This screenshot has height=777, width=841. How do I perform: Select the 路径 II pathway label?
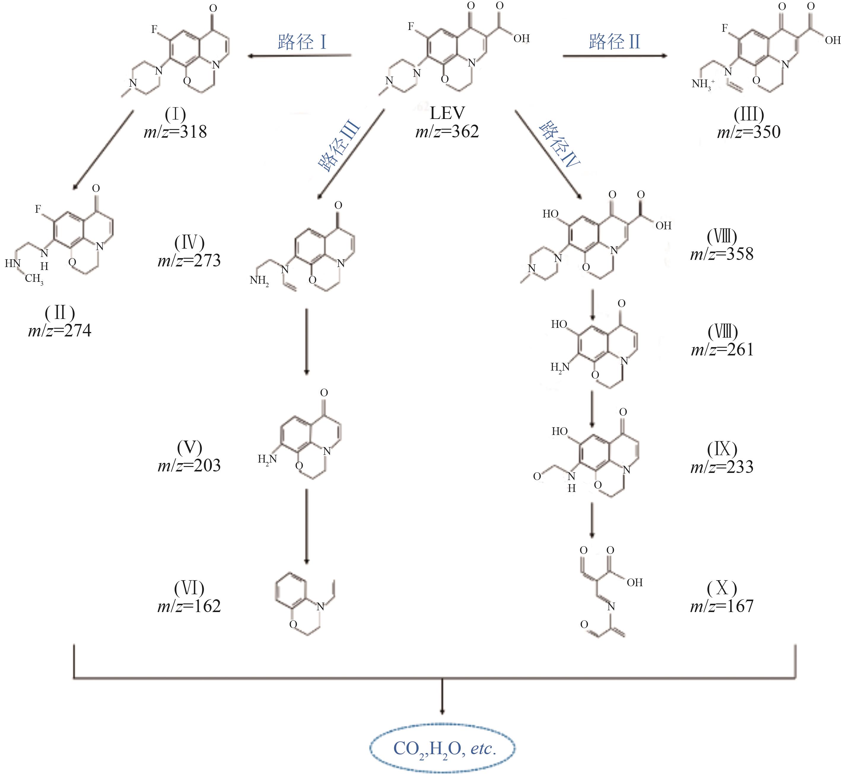614,42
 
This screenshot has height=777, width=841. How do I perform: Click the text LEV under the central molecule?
447,113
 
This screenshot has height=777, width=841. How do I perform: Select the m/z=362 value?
447,132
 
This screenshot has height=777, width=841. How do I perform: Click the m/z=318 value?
175,132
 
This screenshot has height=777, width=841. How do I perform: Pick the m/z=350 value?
748,132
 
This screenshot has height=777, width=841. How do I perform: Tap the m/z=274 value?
60,331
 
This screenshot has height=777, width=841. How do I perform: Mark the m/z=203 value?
189,465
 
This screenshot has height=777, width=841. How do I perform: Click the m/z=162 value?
189,606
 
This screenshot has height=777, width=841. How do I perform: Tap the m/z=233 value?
721,467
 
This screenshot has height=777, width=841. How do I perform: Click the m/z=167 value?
721,606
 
